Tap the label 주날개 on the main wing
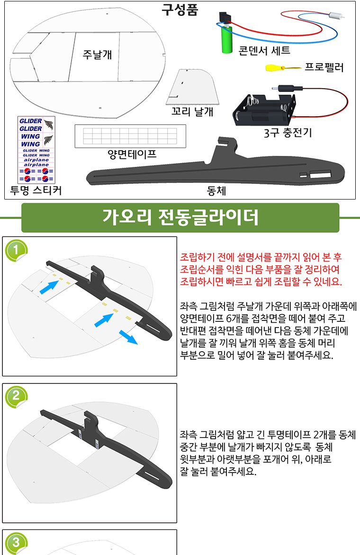pos(97,54)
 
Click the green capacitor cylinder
pos(225,40)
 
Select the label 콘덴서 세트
pos(264,50)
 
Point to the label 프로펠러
pos(323,67)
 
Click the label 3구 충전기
pos(288,133)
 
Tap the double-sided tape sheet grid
pos(130,136)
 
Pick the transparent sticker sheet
pos(36,149)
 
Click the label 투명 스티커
pos(36,190)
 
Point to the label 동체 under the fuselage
pos(216,191)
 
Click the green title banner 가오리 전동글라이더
pos(180,218)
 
